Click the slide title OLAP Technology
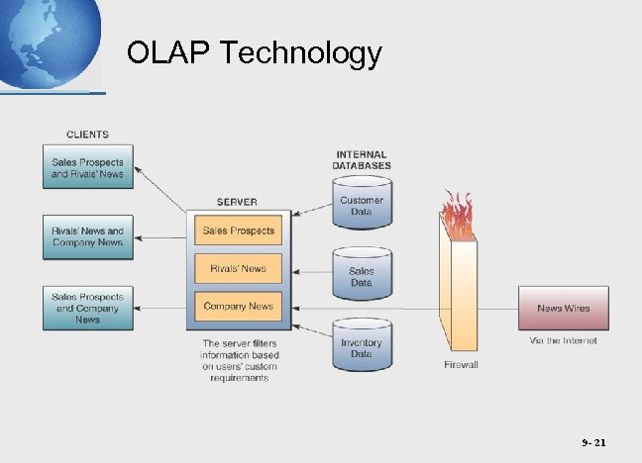click(255, 52)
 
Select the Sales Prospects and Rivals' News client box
click(87, 169)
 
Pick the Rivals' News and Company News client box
click(87, 236)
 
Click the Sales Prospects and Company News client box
click(87, 307)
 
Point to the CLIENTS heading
click(87, 135)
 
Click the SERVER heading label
click(237, 202)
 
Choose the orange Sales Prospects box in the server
click(238, 231)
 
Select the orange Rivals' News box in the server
click(238, 268)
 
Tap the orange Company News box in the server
click(238, 306)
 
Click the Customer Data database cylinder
click(362, 204)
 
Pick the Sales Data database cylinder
click(362, 274)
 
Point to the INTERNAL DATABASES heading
click(362, 160)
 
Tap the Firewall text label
click(461, 365)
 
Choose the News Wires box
click(563, 308)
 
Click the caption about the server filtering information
click(241, 360)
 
